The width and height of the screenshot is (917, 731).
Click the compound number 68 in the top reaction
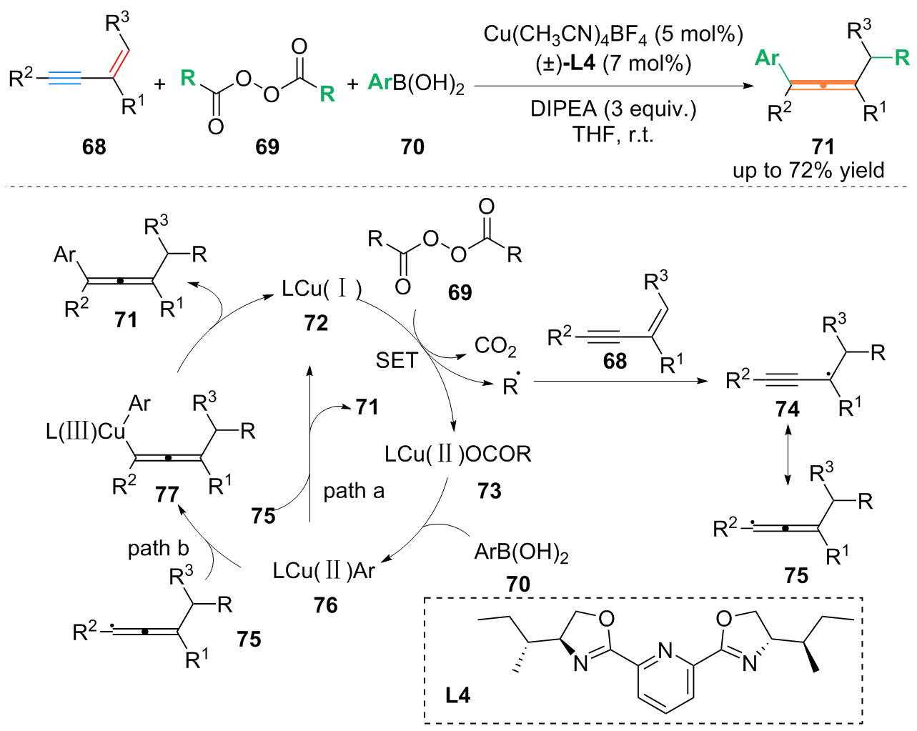point(94,146)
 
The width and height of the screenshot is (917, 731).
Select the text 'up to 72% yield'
point(808,171)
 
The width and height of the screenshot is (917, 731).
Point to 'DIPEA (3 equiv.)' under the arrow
point(613,109)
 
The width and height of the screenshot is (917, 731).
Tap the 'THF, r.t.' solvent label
point(613,134)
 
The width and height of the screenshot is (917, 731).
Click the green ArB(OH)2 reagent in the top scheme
point(416,84)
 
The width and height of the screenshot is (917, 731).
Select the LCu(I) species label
point(322,289)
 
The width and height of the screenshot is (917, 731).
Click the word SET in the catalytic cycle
point(396,360)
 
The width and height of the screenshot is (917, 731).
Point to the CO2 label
point(495,347)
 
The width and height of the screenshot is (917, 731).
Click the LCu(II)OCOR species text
point(457,454)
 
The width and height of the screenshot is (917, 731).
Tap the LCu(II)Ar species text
point(324,571)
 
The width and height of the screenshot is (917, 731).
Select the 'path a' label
point(354,491)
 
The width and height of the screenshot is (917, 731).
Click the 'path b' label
point(158,548)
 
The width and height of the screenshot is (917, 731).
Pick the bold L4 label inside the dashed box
point(457,695)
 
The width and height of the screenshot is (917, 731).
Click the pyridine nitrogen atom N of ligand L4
point(665,651)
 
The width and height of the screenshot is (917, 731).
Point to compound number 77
point(167,494)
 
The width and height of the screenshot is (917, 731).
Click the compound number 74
point(787,409)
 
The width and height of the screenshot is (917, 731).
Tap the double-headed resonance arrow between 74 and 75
point(788,454)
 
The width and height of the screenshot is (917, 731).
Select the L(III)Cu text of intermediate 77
point(85,432)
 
